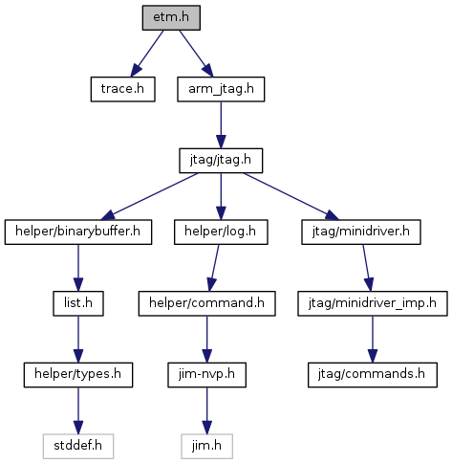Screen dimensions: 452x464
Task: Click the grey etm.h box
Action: coord(171,17)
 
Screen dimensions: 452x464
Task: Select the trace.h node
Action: coord(122,89)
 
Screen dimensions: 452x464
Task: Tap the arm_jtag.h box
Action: coord(221,89)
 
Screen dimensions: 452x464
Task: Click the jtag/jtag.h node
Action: coord(221,161)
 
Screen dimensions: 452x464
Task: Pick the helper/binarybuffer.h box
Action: coord(78,232)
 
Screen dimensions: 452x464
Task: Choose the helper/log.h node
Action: coord(221,232)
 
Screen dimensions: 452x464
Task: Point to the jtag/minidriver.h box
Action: coord(361,232)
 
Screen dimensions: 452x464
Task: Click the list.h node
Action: coord(78,303)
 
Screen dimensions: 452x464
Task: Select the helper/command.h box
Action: coord(206,303)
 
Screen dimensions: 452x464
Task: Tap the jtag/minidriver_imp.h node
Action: coord(373,303)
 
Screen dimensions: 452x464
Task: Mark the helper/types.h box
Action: coord(78,375)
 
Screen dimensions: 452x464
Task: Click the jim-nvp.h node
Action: coord(206,375)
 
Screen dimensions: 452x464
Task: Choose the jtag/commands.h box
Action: coord(373,375)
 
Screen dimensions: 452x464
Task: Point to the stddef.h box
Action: coord(78,446)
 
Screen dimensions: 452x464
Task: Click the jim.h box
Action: coord(206,446)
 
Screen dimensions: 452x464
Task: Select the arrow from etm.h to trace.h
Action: coord(147,54)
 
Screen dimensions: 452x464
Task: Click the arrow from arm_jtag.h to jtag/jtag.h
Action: coord(221,125)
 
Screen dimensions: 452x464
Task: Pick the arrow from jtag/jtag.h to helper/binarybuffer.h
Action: coord(149,196)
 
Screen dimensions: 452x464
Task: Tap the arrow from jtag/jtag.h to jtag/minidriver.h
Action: coord(291,196)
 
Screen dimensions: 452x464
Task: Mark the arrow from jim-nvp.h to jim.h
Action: coord(206,410)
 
